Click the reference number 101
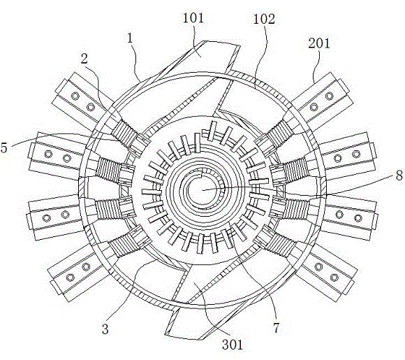tap(193, 18)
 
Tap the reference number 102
tap(264, 19)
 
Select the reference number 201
tap(319, 43)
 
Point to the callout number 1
tap(130, 38)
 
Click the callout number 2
tap(84, 59)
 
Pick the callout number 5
tap(4, 147)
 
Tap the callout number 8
tap(399, 175)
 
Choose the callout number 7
tap(277, 328)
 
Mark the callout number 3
tap(105, 329)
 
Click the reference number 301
tap(233, 345)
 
